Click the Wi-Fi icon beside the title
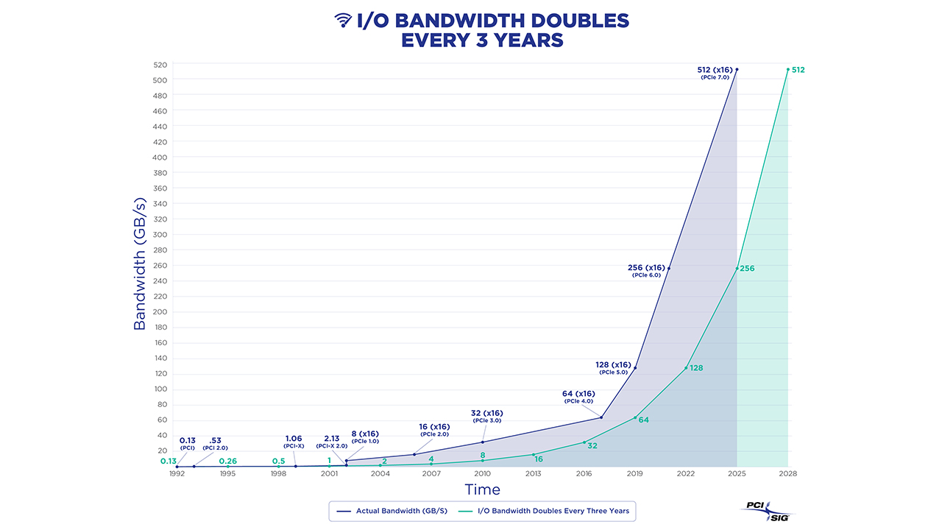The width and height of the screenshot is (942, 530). click(x=343, y=20)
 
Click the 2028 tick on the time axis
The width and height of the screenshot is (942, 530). click(x=787, y=474)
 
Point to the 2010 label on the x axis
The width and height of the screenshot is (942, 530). click(x=482, y=474)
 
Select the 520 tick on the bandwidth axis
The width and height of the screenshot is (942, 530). click(x=160, y=65)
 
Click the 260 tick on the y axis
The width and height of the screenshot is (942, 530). click(x=160, y=266)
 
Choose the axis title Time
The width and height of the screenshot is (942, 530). click(x=482, y=490)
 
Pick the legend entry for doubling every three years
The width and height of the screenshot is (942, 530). click(x=543, y=511)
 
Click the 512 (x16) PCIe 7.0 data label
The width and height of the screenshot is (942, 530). click(x=715, y=72)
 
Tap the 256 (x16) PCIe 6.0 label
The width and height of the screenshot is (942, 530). click(x=647, y=270)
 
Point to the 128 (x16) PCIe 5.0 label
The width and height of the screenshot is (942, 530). click(x=613, y=367)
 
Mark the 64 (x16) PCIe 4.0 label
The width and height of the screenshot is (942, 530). click(x=578, y=397)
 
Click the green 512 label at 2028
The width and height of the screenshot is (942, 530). click(x=798, y=70)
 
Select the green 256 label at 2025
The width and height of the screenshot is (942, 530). click(x=747, y=269)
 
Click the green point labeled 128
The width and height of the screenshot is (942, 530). click(x=686, y=367)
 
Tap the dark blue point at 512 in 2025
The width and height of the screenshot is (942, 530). click(x=737, y=70)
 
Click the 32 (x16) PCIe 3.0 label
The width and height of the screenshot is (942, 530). click(x=486, y=416)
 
